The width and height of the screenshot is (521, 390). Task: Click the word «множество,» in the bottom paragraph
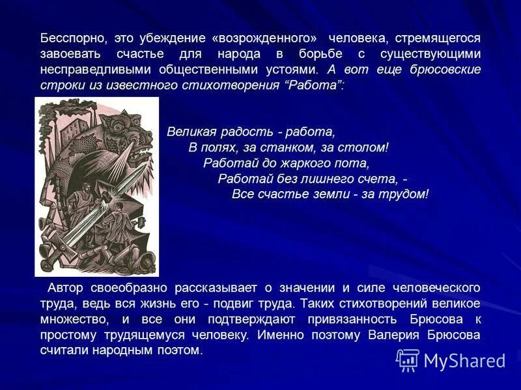pyautogui.click(x=70, y=319)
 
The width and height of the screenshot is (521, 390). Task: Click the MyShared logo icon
pyautogui.click(x=408, y=359)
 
